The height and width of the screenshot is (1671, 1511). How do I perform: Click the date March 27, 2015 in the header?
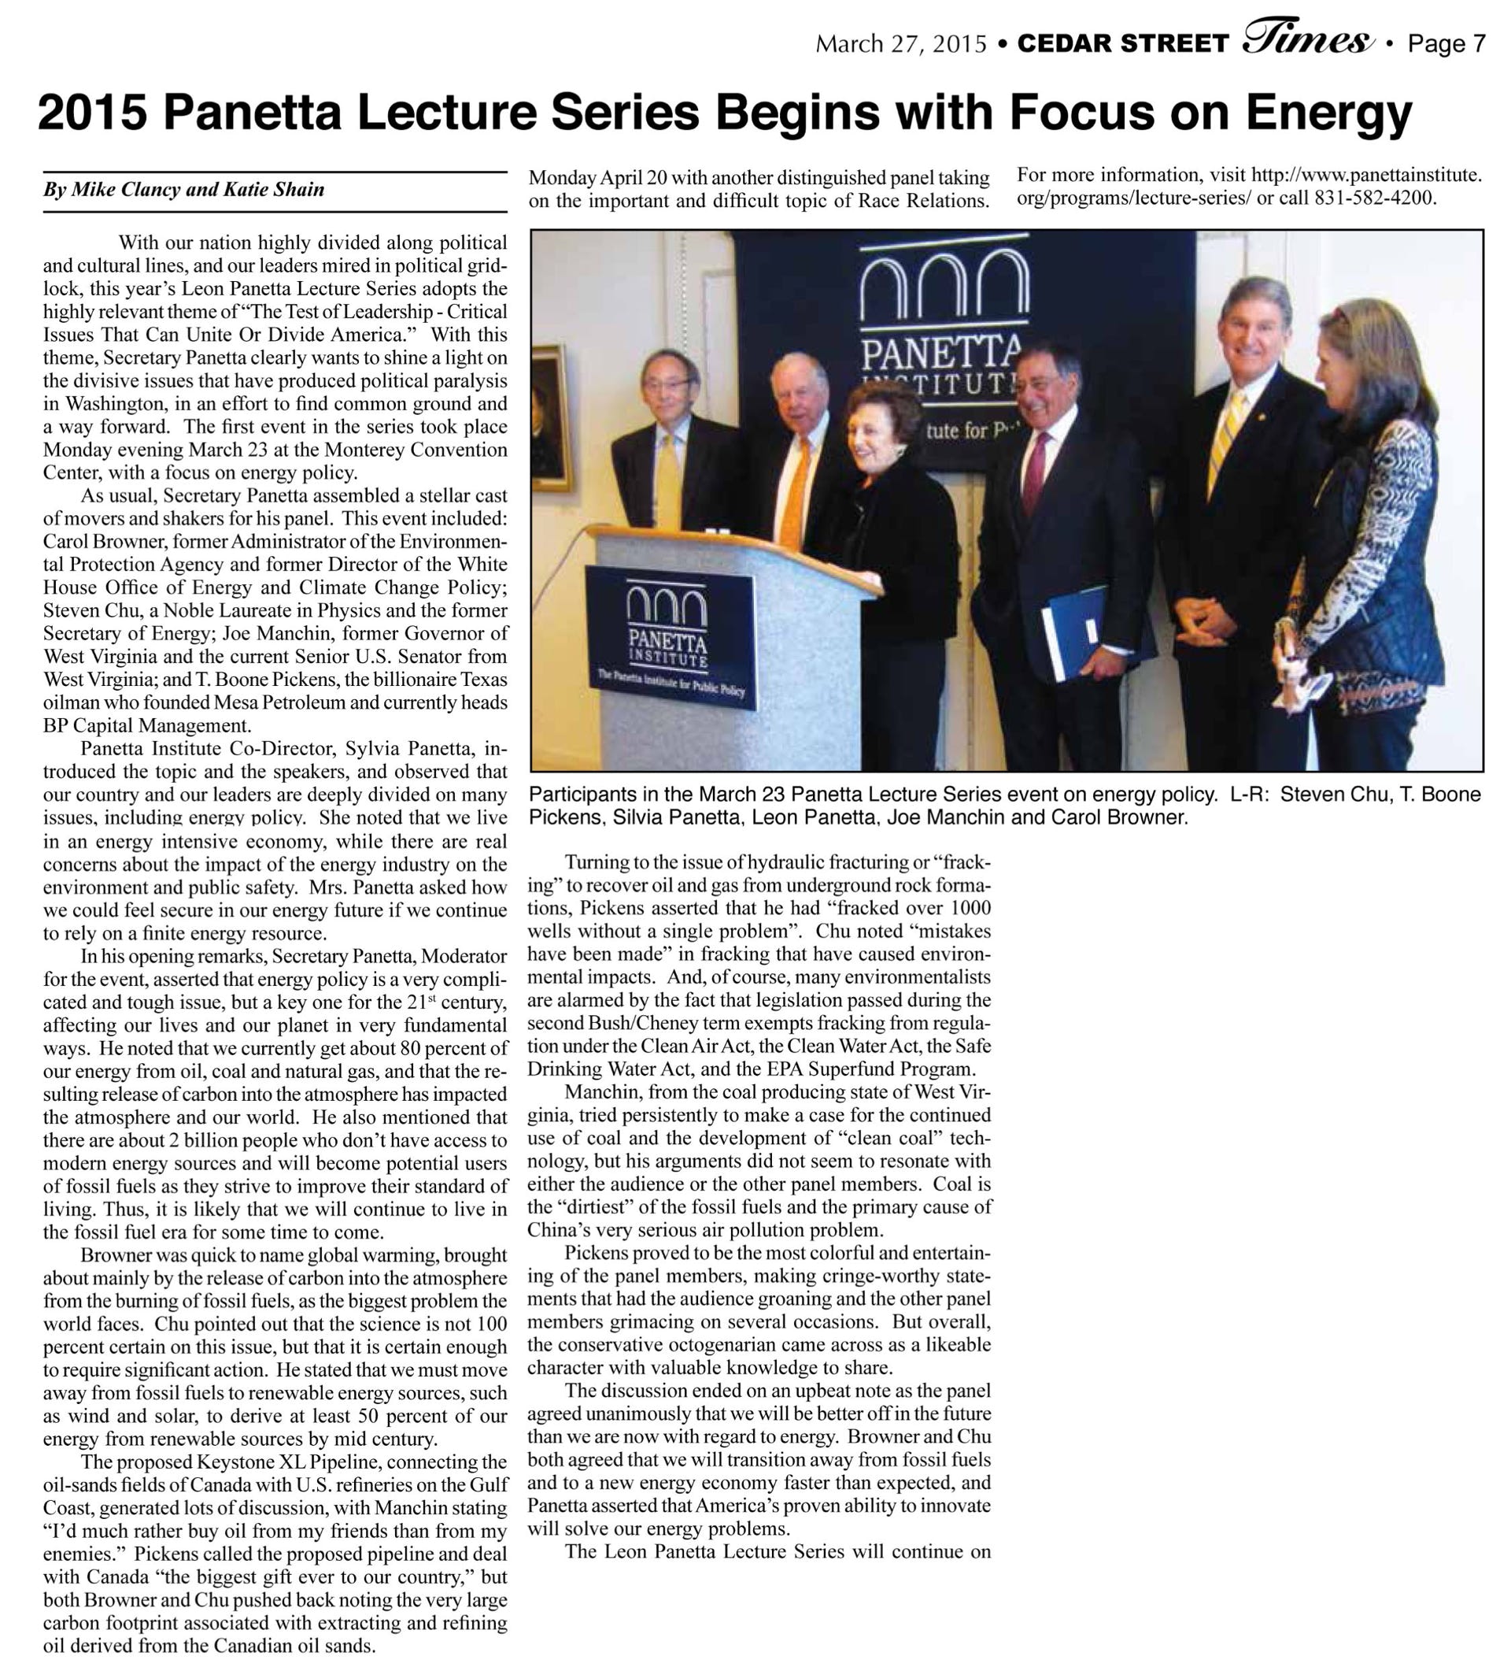pos(900,44)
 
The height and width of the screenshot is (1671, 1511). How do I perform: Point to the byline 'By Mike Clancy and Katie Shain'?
pos(184,190)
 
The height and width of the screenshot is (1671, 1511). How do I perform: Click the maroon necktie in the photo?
pos(1033,472)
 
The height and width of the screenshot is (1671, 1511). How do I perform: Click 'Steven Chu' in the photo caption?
pos(1335,795)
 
